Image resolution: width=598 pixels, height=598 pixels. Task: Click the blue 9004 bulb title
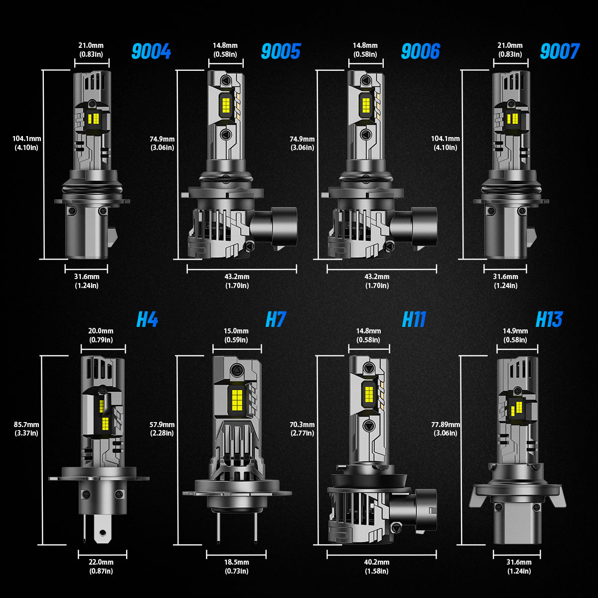click(x=151, y=51)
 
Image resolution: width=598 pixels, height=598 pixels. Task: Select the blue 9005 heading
click(x=281, y=51)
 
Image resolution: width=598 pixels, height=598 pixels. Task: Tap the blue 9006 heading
click(x=421, y=51)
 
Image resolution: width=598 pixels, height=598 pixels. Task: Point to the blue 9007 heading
click(x=560, y=51)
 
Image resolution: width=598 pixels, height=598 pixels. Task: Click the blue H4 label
click(x=148, y=319)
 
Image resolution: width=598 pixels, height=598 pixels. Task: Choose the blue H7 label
click(x=276, y=319)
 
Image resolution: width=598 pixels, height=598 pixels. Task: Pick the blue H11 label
click(x=414, y=319)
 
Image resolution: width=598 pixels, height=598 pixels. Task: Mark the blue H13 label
click(x=549, y=319)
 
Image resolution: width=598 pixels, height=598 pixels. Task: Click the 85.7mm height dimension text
click(x=26, y=425)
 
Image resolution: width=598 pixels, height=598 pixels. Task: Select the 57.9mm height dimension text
click(x=162, y=425)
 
